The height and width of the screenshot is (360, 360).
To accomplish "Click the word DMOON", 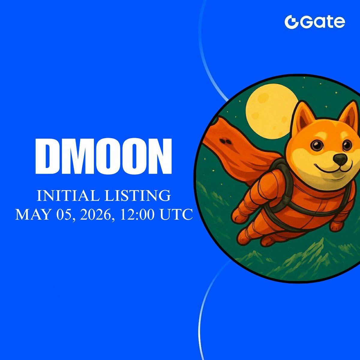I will [x=103, y=157].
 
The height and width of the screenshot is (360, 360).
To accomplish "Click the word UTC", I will [x=177, y=215].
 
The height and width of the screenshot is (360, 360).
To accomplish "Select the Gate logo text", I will [x=321, y=22].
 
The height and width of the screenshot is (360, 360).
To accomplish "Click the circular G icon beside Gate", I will [x=290, y=22].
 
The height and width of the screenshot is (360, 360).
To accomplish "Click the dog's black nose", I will [x=341, y=159].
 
